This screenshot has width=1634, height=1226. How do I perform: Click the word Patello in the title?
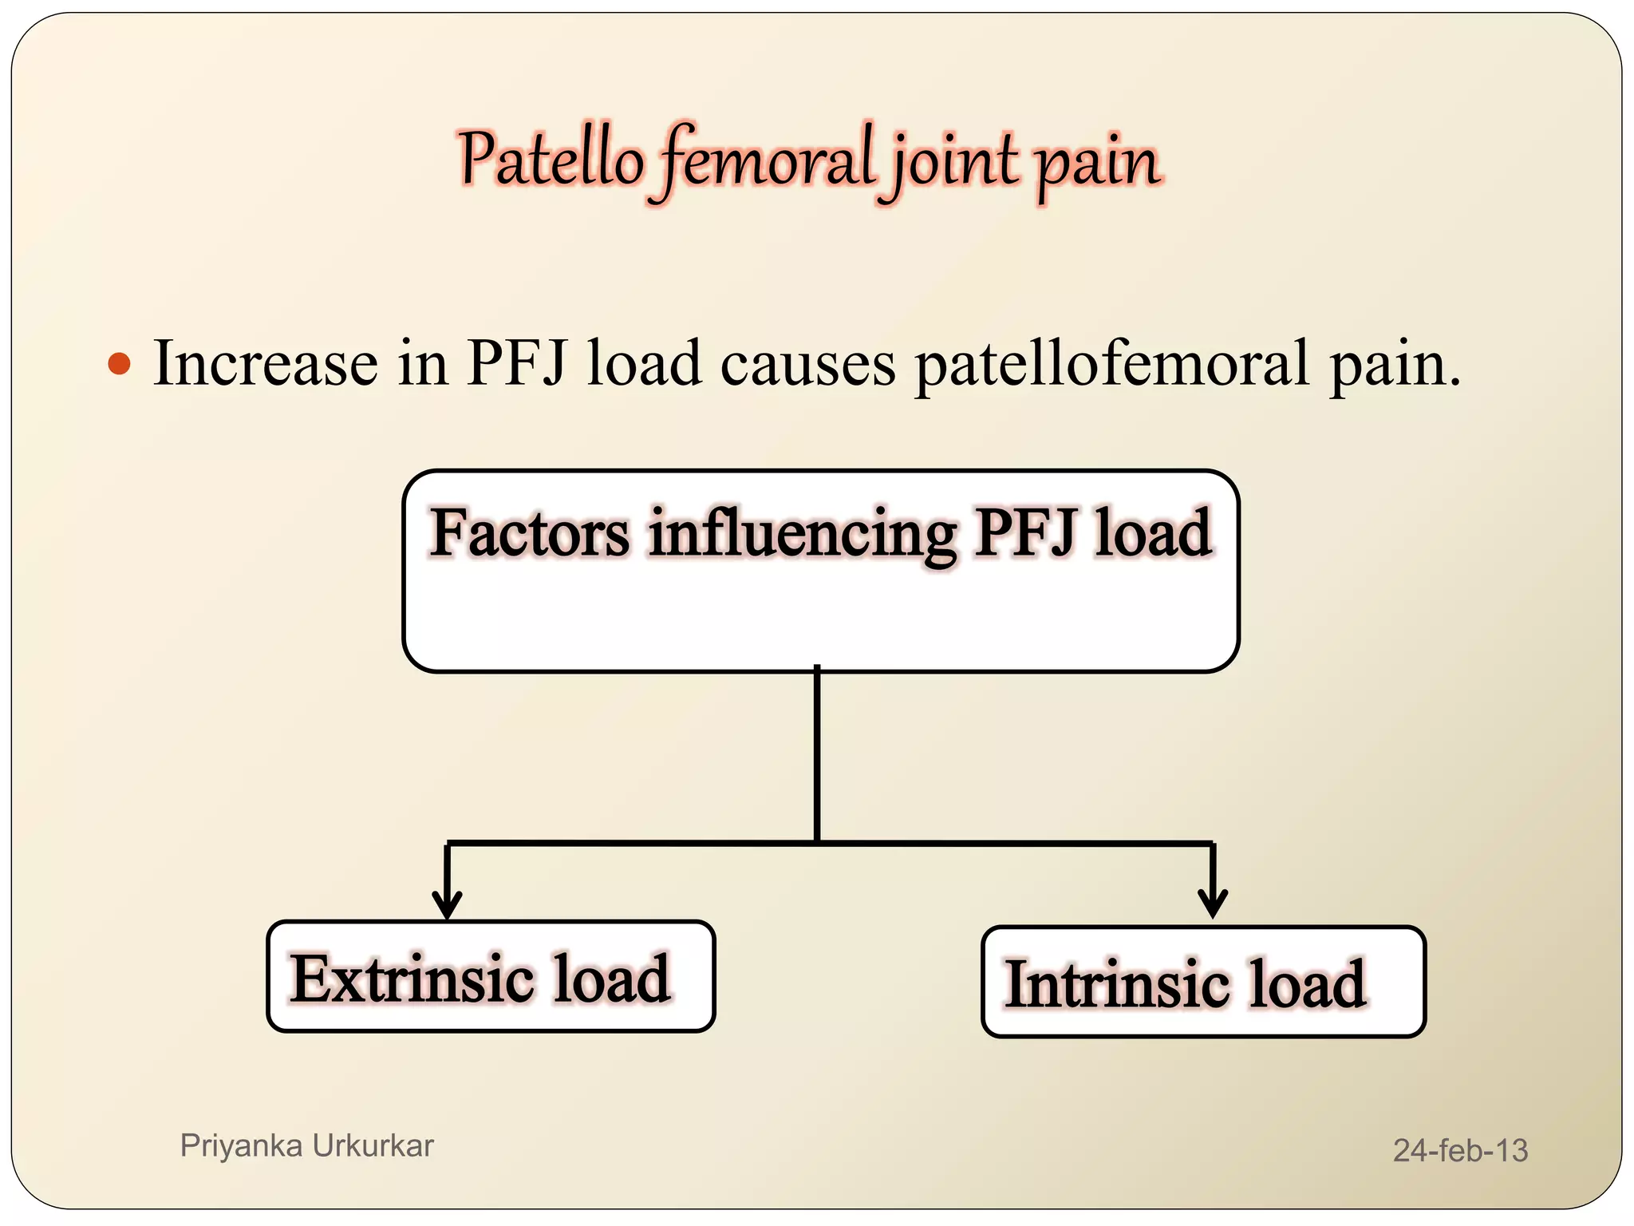[551, 160]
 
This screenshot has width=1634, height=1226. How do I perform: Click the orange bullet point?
[119, 364]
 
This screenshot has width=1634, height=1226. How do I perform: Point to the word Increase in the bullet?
[266, 364]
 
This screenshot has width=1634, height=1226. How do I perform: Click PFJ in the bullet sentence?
[517, 364]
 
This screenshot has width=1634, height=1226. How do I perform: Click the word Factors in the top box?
[530, 533]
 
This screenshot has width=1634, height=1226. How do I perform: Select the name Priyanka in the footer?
[241, 1146]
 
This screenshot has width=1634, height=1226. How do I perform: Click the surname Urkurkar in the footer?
[373, 1146]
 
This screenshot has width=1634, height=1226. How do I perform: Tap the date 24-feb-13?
[1460, 1150]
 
